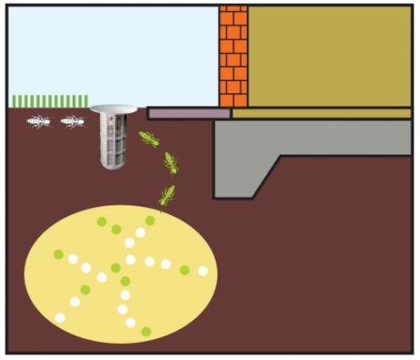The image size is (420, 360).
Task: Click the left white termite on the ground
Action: tap(39, 121)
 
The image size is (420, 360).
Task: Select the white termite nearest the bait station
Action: tap(73, 121)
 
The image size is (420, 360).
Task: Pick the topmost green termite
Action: tap(149, 140)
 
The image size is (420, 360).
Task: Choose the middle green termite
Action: tap(170, 163)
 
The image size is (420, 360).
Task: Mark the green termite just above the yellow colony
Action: tap(167, 196)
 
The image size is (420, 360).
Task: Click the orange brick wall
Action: tap(233, 57)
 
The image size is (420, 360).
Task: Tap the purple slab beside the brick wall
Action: tap(188, 113)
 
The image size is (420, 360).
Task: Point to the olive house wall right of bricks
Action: tap(330, 57)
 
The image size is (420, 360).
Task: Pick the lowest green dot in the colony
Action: tap(146, 331)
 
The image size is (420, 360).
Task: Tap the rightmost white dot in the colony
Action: tap(202, 270)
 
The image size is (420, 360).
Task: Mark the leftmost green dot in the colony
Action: tap(58, 254)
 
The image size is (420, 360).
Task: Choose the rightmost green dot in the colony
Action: tap(185, 270)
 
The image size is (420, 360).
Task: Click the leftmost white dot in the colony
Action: tap(60, 318)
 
